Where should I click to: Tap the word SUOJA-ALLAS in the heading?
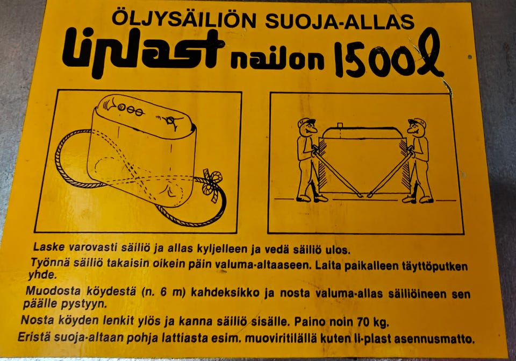(340, 21)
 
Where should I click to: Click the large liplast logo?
(143, 51)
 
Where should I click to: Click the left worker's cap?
(305, 123)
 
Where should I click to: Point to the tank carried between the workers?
(361, 159)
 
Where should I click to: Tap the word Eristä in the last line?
(32, 338)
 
